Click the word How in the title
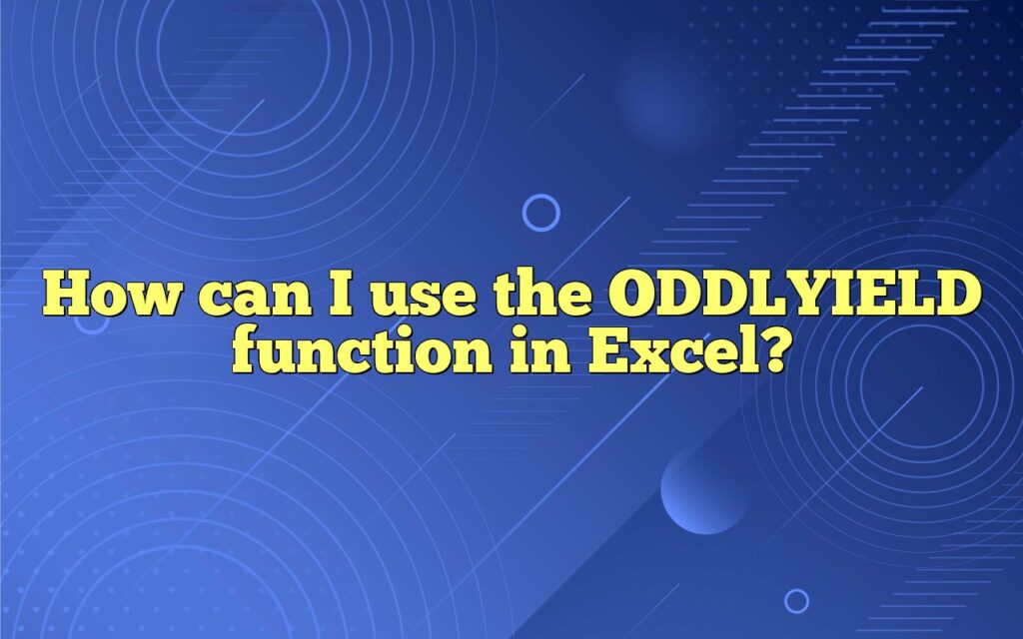[x=106, y=298]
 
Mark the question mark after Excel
[x=762, y=351]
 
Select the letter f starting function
[x=248, y=351]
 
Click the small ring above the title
[x=540, y=212]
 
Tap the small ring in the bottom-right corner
[x=796, y=600]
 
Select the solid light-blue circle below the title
[x=703, y=490]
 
